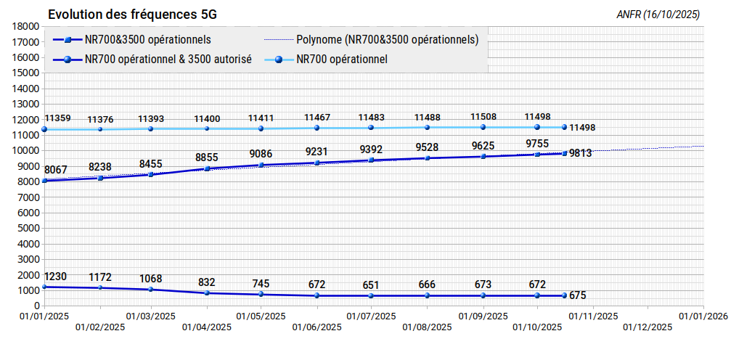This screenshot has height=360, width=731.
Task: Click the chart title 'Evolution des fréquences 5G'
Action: (x=132, y=15)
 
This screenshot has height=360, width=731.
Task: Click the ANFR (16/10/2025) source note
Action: (x=658, y=15)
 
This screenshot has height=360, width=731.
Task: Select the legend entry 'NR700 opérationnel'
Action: (x=342, y=60)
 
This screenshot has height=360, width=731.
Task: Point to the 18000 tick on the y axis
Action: (x=27, y=27)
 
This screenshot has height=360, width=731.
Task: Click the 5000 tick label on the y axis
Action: (x=29, y=229)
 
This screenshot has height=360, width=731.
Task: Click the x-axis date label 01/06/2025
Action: (x=317, y=327)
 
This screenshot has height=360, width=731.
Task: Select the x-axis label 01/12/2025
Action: (x=648, y=327)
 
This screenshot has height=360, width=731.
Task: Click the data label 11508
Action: (x=483, y=117)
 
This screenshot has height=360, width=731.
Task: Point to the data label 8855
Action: (x=207, y=158)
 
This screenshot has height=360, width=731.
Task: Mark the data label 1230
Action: (x=55, y=277)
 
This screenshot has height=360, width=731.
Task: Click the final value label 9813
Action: (x=581, y=153)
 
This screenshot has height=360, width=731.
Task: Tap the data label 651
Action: (x=371, y=285)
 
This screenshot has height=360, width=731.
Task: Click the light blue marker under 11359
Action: (x=44, y=129)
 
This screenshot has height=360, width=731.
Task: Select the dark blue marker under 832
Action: (x=207, y=292)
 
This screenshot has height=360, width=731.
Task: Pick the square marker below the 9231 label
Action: (x=317, y=163)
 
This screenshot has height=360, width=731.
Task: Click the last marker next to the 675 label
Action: (x=564, y=295)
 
